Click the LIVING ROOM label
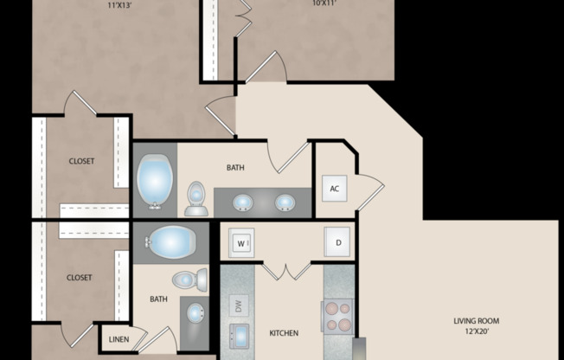477,321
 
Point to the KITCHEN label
284,333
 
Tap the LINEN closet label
119,339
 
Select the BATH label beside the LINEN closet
158,299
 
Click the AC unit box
335,190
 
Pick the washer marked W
240,244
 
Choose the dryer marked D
337,243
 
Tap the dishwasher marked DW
237,305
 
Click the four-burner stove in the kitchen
337,317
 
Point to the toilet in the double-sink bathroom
195,200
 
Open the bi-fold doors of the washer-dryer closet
286,272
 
